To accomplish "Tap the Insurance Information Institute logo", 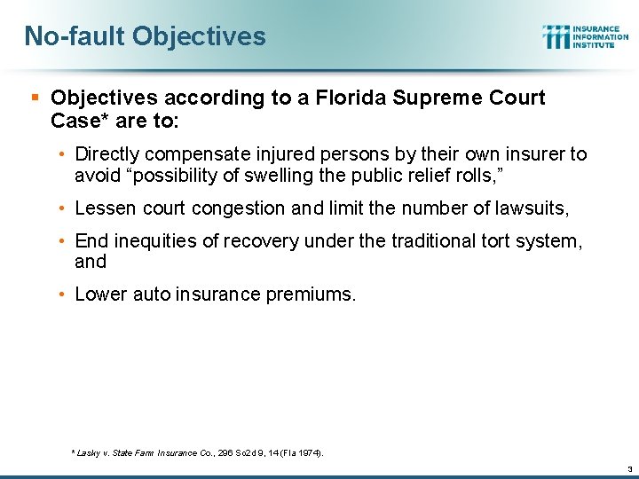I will (585, 36).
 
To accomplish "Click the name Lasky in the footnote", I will (88, 452).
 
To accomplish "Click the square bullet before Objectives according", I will (34, 98).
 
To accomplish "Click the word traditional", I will (428, 241).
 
